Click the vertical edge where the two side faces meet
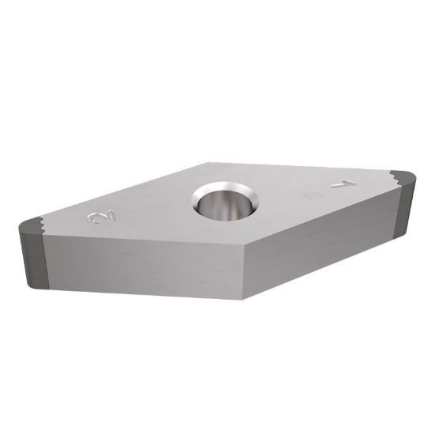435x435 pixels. (x=242, y=273)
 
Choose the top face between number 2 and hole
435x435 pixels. (x=154, y=210)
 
